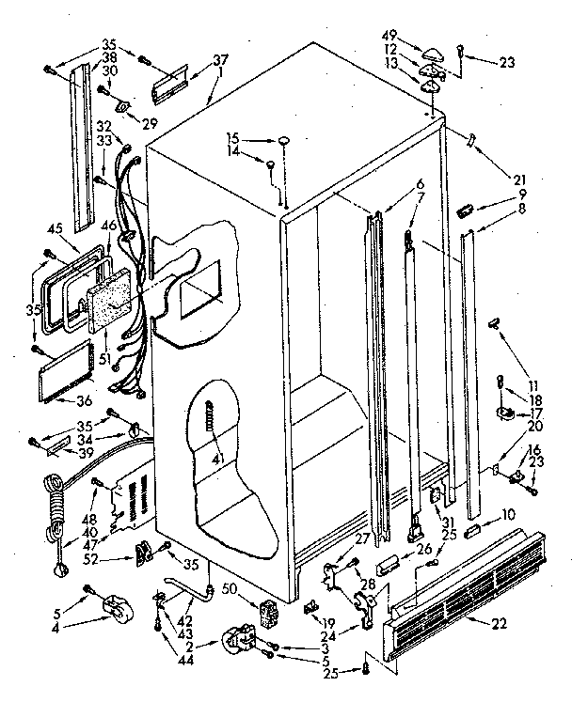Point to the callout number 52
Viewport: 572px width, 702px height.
click(117, 559)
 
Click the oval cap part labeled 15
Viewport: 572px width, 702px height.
click(281, 139)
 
